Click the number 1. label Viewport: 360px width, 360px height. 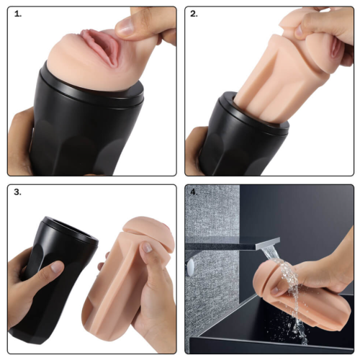coord(18,14)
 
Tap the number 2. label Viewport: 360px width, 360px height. coord(194,14)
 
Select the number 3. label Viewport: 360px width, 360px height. coord(17,192)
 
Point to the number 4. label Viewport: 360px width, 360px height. coord(194,192)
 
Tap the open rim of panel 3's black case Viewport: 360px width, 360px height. coord(71,229)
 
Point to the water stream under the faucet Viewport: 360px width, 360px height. coord(288,293)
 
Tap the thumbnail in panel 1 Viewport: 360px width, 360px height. coord(124,27)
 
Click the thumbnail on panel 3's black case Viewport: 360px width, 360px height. coord(57,267)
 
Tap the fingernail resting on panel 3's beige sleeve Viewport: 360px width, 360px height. coord(147,247)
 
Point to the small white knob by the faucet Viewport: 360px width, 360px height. coord(191,266)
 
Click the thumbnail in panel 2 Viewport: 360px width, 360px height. coord(299,31)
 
